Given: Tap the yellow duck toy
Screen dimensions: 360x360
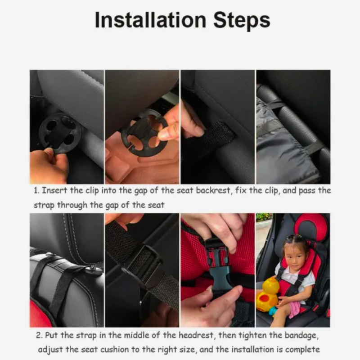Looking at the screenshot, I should coord(267,294).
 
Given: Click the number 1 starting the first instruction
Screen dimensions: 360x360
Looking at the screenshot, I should coord(36,190).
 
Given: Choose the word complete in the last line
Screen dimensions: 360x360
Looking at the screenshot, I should coord(302,350).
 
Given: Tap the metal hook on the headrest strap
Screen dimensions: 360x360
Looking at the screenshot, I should coord(93,270).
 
